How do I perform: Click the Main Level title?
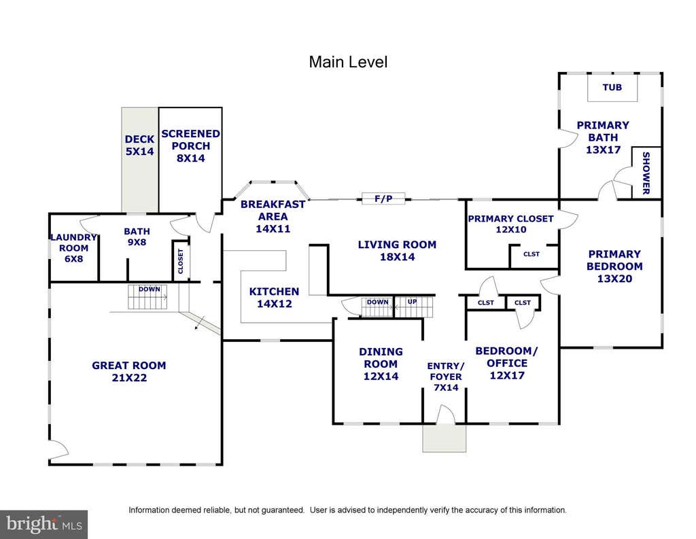point(348,62)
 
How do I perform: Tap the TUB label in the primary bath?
point(612,88)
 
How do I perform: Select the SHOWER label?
point(646,173)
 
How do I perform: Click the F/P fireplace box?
point(383,198)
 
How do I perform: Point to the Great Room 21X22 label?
point(129,372)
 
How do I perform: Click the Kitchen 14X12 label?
point(275,298)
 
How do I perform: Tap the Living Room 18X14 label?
point(397,250)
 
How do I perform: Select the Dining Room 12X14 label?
point(381,364)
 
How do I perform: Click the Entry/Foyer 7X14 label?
point(446,377)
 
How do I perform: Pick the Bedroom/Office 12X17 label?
point(507,363)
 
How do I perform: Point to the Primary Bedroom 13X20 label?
point(614,266)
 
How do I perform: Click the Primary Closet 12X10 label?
point(511,224)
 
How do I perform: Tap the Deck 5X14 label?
point(139,145)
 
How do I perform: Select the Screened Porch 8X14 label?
point(190,145)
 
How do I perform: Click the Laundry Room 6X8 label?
point(73,247)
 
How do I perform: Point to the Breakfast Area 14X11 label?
point(273,216)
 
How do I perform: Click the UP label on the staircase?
point(413,302)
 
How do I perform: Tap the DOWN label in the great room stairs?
point(149,289)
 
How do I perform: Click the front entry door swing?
point(446,413)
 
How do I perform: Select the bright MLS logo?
point(44,524)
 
